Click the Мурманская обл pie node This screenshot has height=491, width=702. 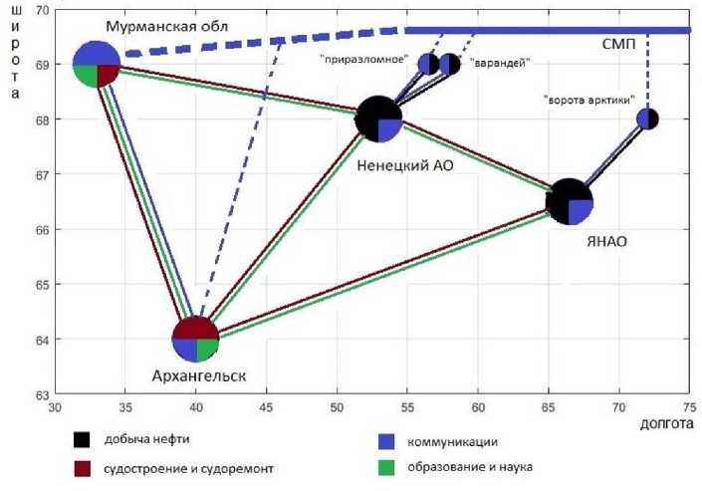pyautogui.click(x=97, y=64)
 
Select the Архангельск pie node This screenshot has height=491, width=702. pyautogui.click(x=195, y=340)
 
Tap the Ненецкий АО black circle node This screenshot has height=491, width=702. pyautogui.click(x=378, y=119)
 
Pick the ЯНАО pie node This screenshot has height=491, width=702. pyautogui.click(x=570, y=202)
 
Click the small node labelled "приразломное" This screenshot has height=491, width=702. pyautogui.click(x=428, y=65)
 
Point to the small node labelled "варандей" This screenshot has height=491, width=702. pyautogui.click(x=450, y=65)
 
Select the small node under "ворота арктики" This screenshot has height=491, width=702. pyautogui.click(x=647, y=119)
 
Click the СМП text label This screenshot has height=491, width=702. pyautogui.click(x=620, y=45)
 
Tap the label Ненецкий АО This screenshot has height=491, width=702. pyautogui.click(x=398, y=165)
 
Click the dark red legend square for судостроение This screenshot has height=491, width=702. pyautogui.click(x=83, y=467)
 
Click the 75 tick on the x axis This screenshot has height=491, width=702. pyautogui.click(x=689, y=407)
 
